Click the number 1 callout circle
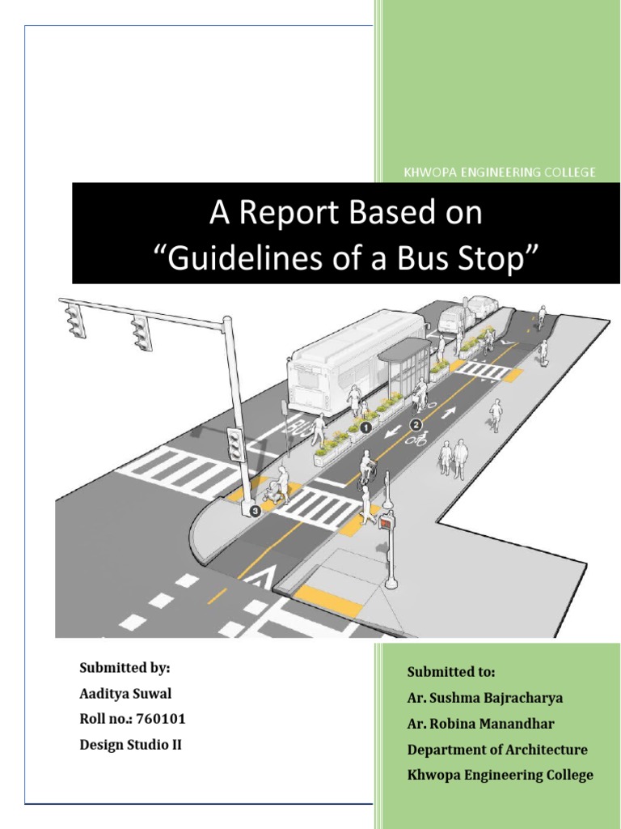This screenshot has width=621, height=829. coord(365,425)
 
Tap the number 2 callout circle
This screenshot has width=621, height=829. coord(416,423)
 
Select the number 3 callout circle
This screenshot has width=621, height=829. coord(256,511)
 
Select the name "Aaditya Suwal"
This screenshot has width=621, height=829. coord(125,694)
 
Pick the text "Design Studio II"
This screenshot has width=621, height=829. coord(130,745)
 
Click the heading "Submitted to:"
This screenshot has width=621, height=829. coord(451,672)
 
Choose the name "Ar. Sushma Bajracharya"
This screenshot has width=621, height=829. coord(485,697)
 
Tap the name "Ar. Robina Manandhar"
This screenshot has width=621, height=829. coord(482,723)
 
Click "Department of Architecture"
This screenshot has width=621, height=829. coord(497,749)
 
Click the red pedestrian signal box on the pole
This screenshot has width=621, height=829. coord(387,523)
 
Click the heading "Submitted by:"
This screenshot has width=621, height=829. coord(125,668)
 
